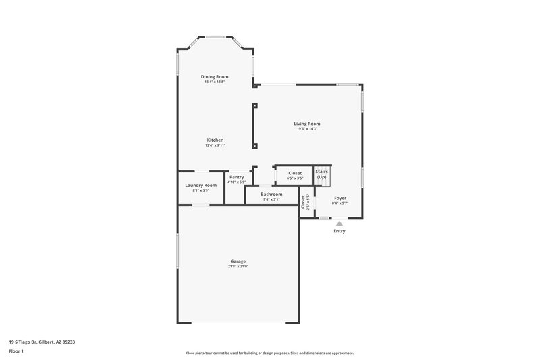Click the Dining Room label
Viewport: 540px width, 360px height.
[215, 76]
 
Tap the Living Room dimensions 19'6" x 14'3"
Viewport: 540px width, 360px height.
[306, 129]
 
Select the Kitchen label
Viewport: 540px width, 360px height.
[215, 140]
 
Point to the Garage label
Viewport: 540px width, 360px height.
[238, 261]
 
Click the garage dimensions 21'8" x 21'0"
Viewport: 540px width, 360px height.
[238, 267]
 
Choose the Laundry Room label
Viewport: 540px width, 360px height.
[200, 185]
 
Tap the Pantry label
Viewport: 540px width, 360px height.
[236, 177]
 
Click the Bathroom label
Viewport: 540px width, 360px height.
[271, 194]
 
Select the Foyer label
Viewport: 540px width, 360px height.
[340, 198]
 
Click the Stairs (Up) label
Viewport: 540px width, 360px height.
[321, 174]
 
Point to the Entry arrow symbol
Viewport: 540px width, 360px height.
[339, 222]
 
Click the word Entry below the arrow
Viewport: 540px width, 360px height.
[339, 231]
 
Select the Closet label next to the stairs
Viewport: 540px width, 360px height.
[295, 173]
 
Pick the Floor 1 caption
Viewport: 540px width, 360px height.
[17, 352]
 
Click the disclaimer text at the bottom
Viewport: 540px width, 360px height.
[269, 353]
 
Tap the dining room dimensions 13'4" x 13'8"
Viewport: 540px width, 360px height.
[215, 82]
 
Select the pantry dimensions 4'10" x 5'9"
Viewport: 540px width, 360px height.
[236, 182]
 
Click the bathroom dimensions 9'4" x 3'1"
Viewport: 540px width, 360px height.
[271, 199]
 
